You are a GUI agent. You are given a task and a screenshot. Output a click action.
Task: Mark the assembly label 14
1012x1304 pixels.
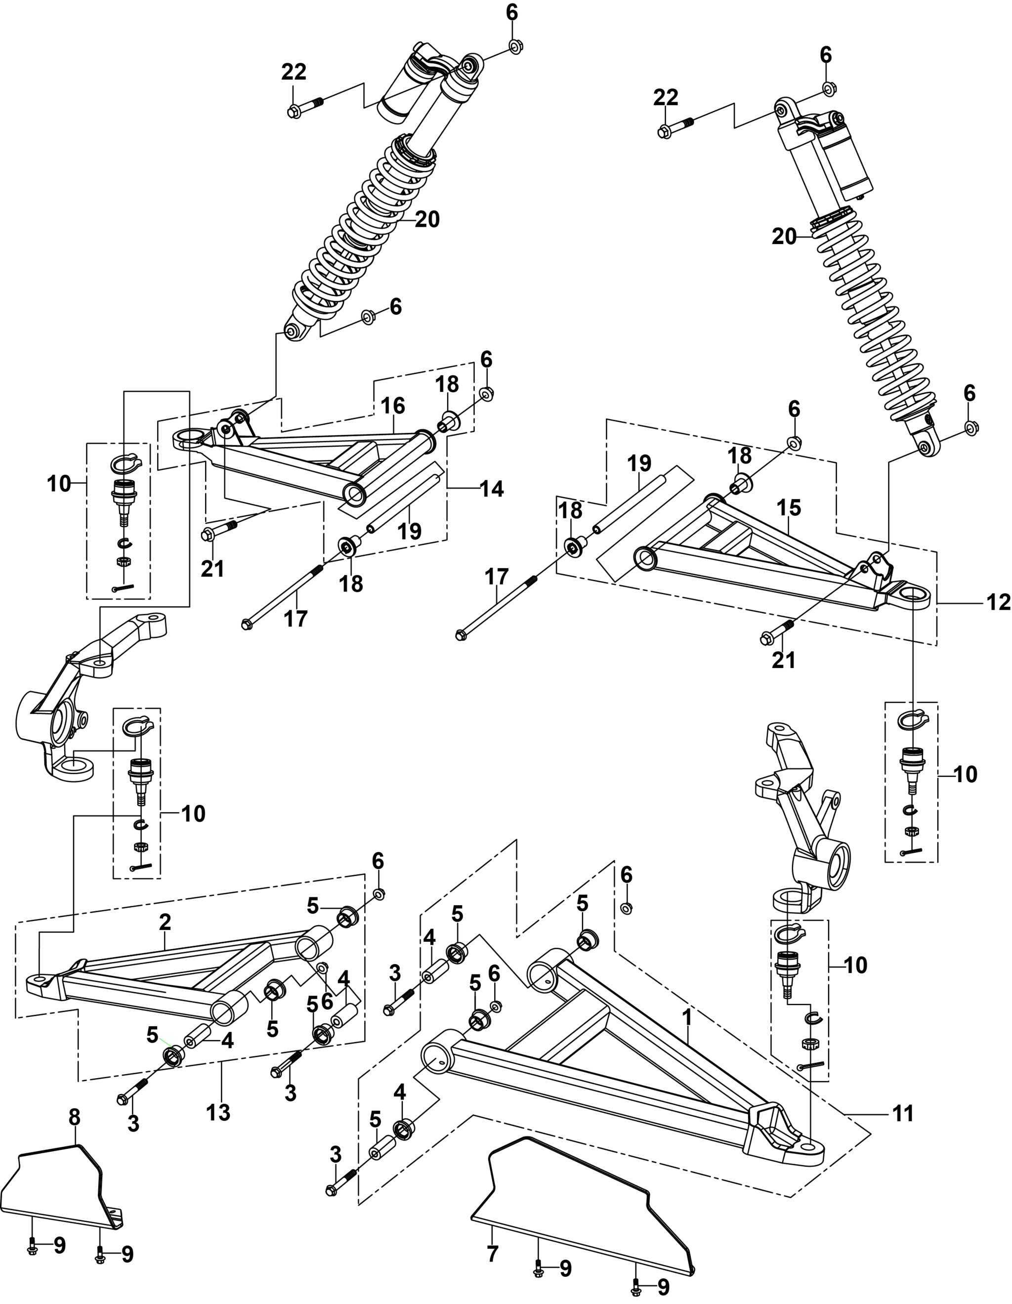pyautogui.click(x=492, y=488)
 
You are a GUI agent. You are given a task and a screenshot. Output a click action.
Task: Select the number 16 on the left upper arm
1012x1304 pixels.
pyautogui.click(x=393, y=406)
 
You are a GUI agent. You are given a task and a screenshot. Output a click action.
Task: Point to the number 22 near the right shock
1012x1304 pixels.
pyautogui.click(x=666, y=97)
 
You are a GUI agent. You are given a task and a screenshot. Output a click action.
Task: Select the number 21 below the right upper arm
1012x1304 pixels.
pyautogui.click(x=784, y=660)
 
